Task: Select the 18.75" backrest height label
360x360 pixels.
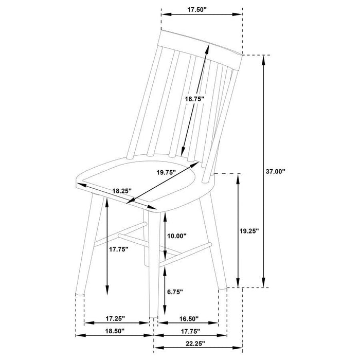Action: pos(195,98)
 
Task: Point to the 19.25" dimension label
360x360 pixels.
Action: pos(249,231)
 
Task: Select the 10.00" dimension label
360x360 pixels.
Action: pos(177,236)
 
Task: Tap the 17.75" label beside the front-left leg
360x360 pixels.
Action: pos(118,249)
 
